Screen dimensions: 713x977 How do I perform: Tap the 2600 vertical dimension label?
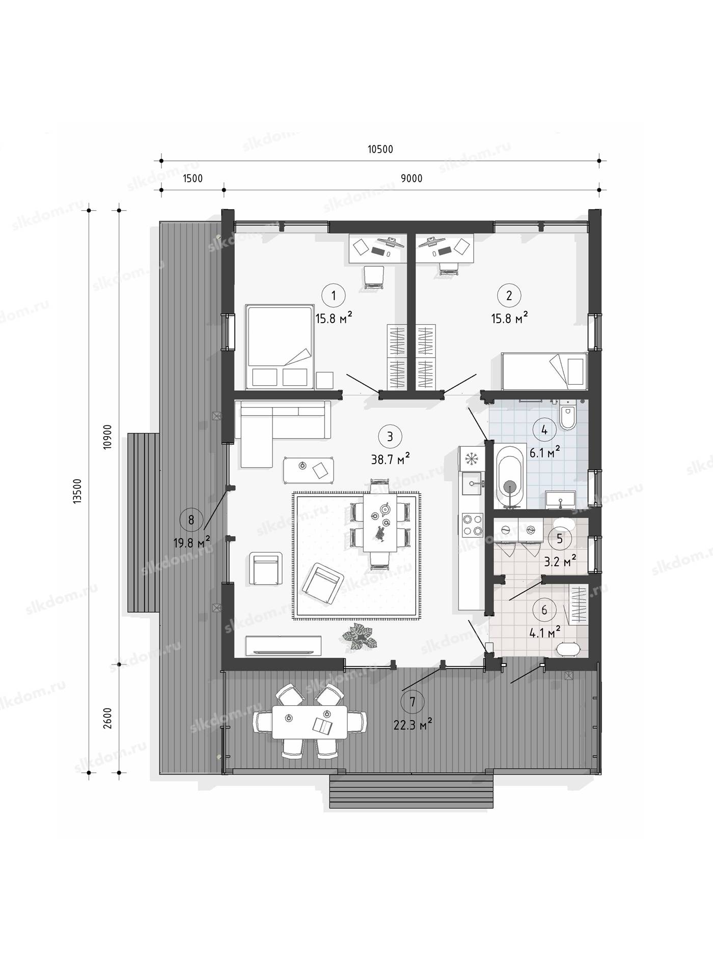pyautogui.click(x=107, y=718)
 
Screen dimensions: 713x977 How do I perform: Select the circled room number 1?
pyautogui.click(x=334, y=295)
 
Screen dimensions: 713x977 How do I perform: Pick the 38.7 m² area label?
pyautogui.click(x=391, y=459)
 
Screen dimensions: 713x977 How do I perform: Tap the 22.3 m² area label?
pyautogui.click(x=413, y=724)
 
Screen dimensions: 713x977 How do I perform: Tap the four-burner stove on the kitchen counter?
pyautogui.click(x=472, y=525)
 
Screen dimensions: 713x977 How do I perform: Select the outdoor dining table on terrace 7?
pyautogui.click(x=310, y=722)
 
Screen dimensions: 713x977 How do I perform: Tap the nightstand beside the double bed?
pyautogui.click(x=324, y=380)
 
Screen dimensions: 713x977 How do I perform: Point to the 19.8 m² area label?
pyautogui.click(x=192, y=543)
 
